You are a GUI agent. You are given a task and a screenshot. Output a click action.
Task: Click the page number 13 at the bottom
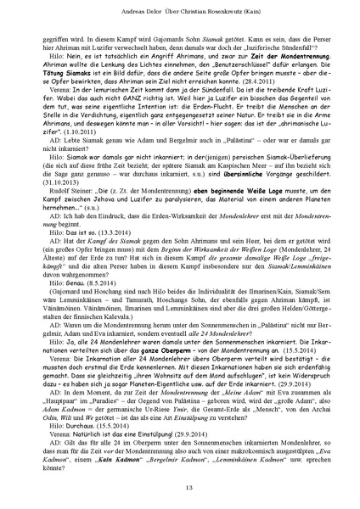pos(180,484)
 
